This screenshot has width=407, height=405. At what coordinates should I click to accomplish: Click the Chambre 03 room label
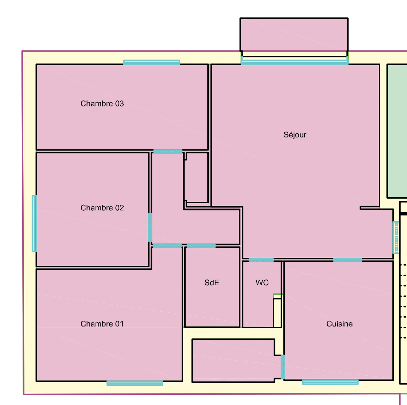(x=102, y=104)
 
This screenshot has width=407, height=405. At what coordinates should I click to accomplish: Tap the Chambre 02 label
(x=102, y=208)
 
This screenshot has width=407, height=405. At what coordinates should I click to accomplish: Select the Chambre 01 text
(x=102, y=324)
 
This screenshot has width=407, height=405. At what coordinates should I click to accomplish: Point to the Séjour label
(x=295, y=135)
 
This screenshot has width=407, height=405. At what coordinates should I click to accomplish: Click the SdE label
(x=212, y=283)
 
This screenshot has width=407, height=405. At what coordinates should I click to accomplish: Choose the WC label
(x=262, y=283)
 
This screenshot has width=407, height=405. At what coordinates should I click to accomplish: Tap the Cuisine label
(x=340, y=324)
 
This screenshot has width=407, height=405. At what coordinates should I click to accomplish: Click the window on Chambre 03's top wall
(x=152, y=62)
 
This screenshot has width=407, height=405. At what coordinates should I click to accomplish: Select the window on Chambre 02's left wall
(x=34, y=224)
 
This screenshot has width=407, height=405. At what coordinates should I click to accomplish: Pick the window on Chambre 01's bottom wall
(x=135, y=383)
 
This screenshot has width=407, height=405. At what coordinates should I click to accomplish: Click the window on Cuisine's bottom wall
(x=330, y=382)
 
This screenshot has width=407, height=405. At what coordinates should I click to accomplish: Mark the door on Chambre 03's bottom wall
(x=168, y=151)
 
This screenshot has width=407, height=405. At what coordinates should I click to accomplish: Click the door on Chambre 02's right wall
(x=150, y=227)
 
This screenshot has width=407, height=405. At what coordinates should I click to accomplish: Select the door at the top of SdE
(x=201, y=246)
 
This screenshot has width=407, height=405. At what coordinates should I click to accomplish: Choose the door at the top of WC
(x=261, y=260)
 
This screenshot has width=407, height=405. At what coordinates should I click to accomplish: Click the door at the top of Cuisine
(x=348, y=260)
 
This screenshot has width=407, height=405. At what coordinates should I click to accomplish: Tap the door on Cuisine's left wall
(x=283, y=367)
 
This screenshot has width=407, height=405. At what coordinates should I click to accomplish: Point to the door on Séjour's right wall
(x=396, y=238)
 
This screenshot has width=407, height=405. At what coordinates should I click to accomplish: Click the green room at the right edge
(x=397, y=131)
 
